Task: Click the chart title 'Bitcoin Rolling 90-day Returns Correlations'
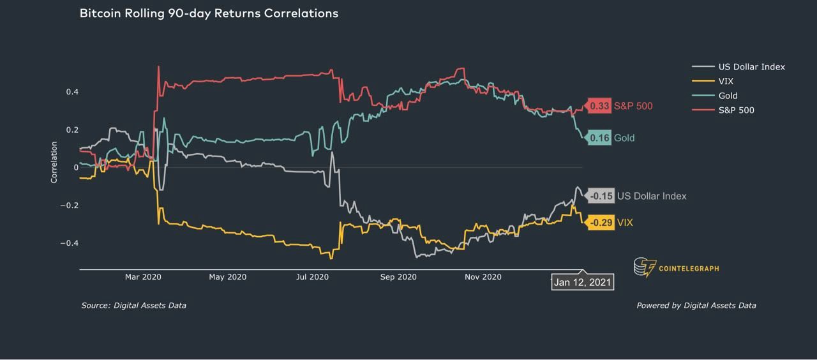click(x=209, y=13)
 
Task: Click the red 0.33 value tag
click(x=599, y=106)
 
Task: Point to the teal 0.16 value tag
click(x=599, y=138)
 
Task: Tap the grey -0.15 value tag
click(x=601, y=196)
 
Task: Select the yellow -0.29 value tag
click(x=601, y=223)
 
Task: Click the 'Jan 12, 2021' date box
click(x=583, y=282)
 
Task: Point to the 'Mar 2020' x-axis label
click(x=143, y=277)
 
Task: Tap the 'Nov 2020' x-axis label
click(x=483, y=277)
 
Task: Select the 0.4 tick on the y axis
click(x=72, y=92)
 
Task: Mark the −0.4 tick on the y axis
click(x=70, y=243)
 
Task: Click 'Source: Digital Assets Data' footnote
click(x=134, y=306)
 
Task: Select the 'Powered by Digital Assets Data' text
click(x=696, y=306)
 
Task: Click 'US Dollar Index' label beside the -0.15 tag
click(x=652, y=196)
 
